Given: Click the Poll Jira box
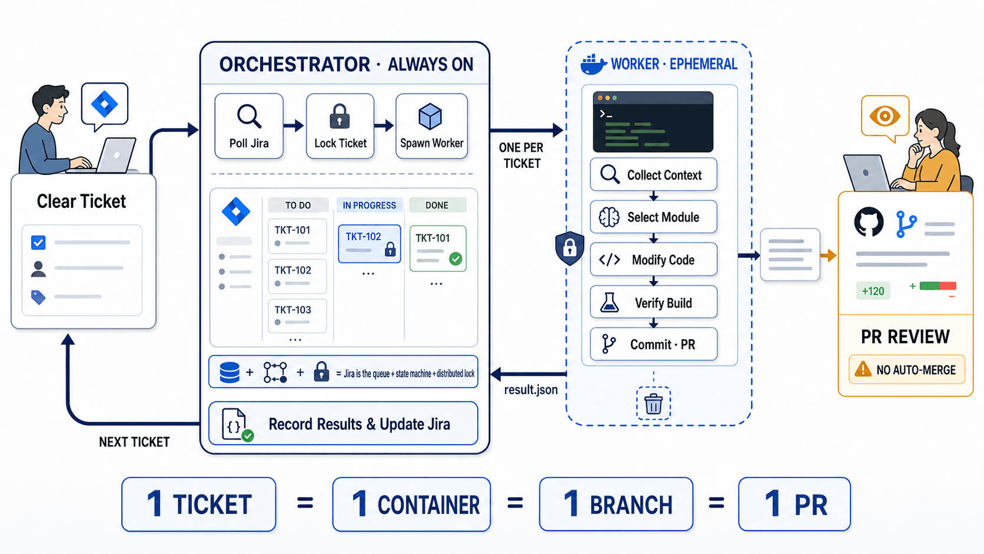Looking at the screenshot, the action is coord(248,126).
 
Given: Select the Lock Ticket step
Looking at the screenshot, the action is coord(340,126).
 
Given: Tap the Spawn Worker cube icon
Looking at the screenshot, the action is coord(430,117).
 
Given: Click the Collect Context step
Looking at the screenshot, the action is coord(654,175).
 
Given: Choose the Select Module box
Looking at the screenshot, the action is coord(654,217).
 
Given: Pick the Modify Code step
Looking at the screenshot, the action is coord(654,260).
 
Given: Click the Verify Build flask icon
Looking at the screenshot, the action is coord(609,302).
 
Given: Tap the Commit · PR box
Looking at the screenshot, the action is coord(654,344).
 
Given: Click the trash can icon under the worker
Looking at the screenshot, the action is coord(653,403).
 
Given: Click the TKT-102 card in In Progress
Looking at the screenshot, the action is coord(370,244).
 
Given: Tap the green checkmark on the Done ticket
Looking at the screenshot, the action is coord(456,259).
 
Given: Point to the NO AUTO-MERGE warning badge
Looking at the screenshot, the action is coord(907,370).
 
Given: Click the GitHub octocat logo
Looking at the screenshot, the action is coord(869,222).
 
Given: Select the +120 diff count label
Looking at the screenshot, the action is coord(873,291).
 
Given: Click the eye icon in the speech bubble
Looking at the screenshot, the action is coord(885,116).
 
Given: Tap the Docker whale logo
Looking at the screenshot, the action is coord(593,65).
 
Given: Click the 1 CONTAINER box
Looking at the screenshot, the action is coord(411,504).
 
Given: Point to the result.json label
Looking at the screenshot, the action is coord(531,390).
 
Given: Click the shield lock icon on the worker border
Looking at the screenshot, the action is coord(570,248).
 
